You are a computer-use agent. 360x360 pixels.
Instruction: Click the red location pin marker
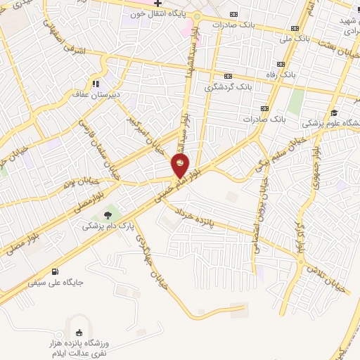pos(181,166)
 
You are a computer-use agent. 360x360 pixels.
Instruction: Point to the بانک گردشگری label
pos(228,88)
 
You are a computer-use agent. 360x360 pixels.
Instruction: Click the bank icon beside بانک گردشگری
pos(228,76)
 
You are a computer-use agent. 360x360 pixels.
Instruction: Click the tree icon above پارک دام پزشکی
pos(107,214)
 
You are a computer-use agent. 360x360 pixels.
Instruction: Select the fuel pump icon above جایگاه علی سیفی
pos(56,271)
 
